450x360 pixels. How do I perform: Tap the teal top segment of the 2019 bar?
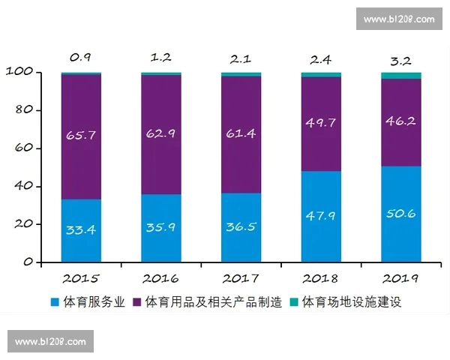400,75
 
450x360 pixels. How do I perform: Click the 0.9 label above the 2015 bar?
81,57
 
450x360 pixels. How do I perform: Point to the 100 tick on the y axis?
19,72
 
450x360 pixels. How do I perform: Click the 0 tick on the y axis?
27,262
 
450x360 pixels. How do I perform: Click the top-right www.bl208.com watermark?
398,19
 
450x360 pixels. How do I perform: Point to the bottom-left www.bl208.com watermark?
51,342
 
